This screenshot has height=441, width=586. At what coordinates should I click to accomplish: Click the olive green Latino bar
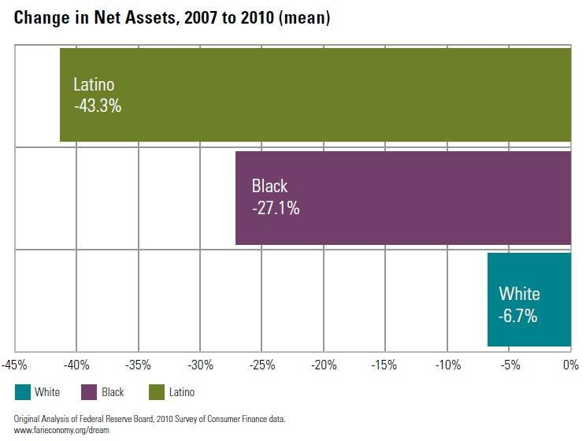point(315,95)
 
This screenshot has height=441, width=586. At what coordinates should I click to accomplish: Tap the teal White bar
point(529,299)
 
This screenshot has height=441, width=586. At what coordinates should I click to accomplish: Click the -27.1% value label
point(276,209)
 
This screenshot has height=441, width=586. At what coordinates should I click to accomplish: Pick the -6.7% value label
point(517,317)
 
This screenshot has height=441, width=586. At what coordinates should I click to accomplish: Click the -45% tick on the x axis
point(15,365)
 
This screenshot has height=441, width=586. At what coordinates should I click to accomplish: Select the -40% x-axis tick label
point(76,365)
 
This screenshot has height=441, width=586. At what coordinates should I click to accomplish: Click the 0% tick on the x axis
point(570,365)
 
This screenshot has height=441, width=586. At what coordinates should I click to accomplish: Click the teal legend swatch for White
point(23,391)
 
